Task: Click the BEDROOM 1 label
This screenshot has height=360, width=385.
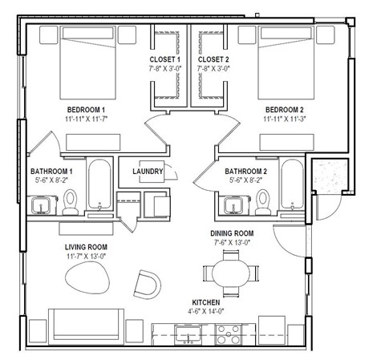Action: pyautogui.click(x=87, y=109)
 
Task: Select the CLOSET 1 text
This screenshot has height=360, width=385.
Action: pyautogui.click(x=165, y=59)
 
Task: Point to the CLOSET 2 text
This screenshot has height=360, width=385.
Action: pyautogui.click(x=213, y=59)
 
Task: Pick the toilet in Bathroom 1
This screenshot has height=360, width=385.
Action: pyautogui.click(x=71, y=200)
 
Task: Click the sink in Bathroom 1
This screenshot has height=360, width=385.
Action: pyautogui.click(x=42, y=207)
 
